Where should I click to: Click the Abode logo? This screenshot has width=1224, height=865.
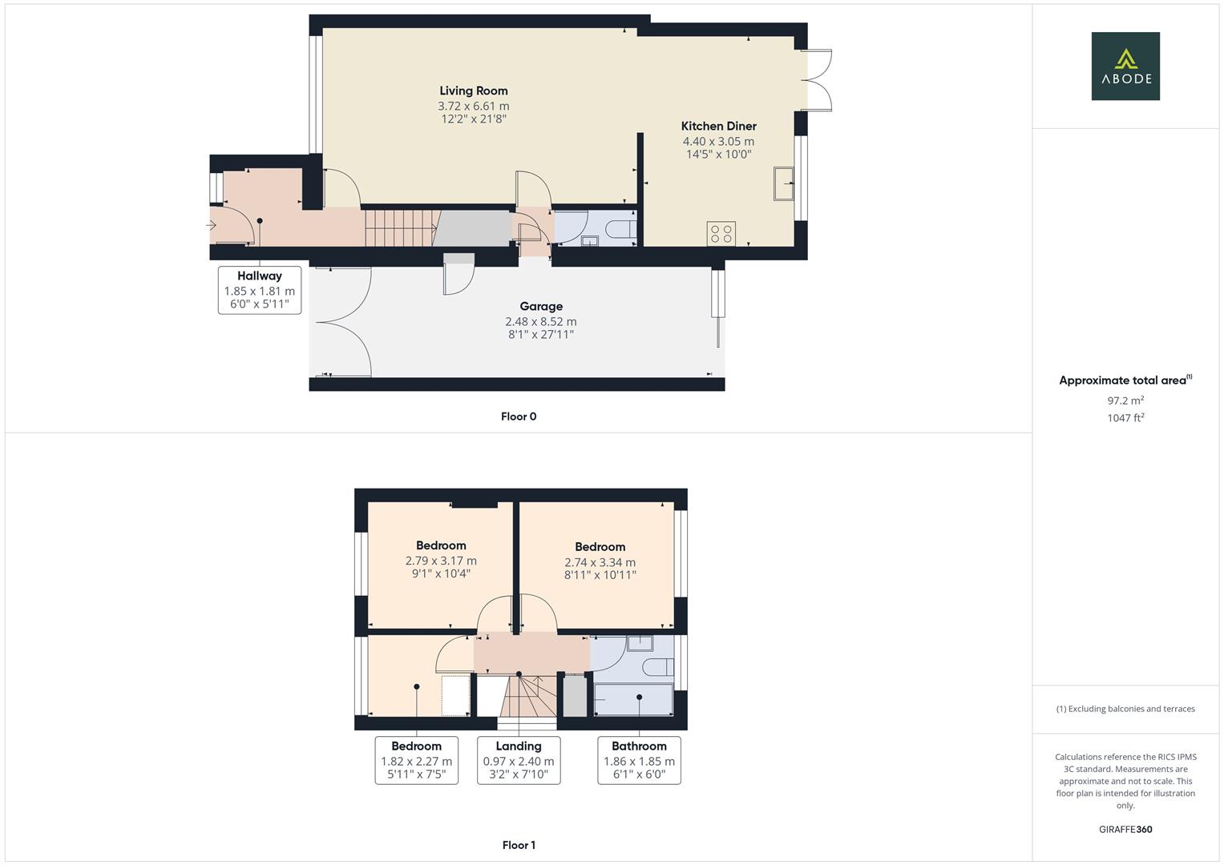pyautogui.click(x=1125, y=66)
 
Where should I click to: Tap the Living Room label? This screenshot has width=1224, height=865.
pyautogui.click(x=473, y=91)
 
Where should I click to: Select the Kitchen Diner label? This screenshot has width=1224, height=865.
pyautogui.click(x=718, y=127)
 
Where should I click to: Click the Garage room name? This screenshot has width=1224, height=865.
pyautogui.click(x=541, y=307)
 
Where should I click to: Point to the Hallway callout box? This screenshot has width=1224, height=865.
pyautogui.click(x=260, y=290)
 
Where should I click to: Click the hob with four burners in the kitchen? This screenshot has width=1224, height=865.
pyautogui.click(x=721, y=233)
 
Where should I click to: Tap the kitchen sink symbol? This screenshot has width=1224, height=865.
pyautogui.click(x=783, y=183)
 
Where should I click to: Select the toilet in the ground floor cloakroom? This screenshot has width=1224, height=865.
pyautogui.click(x=620, y=230)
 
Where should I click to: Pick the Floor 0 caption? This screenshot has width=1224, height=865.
pyautogui.click(x=519, y=416)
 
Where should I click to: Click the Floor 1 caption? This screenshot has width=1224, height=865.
pyautogui.click(x=519, y=845)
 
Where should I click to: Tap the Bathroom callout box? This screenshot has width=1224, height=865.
pyautogui.click(x=639, y=760)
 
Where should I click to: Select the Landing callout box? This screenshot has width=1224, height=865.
pyautogui.click(x=519, y=760)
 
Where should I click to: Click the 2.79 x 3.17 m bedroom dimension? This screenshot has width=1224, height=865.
pyautogui.click(x=441, y=561)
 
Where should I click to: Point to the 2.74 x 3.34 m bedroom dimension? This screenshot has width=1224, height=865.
pyautogui.click(x=600, y=562)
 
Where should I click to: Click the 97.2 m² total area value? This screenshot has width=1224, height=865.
pyautogui.click(x=1125, y=400)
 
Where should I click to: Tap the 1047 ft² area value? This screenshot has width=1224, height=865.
pyautogui.click(x=1125, y=417)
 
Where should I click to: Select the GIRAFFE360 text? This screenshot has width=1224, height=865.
pyautogui.click(x=1125, y=830)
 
